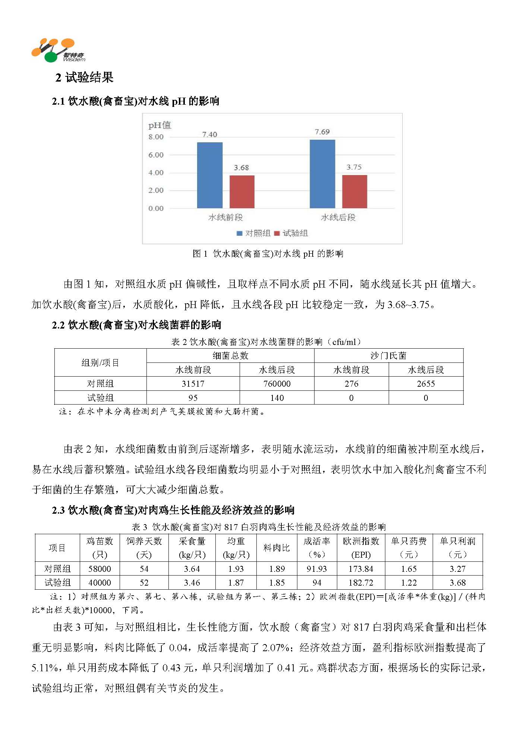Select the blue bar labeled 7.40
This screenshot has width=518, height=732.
coord(209,175)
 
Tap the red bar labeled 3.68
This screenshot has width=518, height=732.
coord(242,191)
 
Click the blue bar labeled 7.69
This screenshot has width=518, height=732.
coord(322,174)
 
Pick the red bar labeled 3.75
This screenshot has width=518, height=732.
coord(354,191)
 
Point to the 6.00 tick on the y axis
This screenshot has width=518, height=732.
coord(156,155)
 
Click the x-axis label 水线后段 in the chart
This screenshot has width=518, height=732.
coord(338,218)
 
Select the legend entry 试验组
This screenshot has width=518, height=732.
coord(291,234)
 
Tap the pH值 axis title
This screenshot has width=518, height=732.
coord(159,126)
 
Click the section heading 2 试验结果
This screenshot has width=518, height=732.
coord(84,77)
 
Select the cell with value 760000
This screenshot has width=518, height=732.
coord(277,384)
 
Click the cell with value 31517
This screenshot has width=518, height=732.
coord(193,384)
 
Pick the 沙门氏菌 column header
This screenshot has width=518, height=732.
coord(388,356)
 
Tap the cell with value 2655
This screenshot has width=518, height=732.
coord(426,384)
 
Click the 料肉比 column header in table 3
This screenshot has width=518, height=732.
coord(277,548)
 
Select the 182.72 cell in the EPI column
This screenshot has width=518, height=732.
coord(361,583)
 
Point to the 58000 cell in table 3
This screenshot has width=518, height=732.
coord(100,569)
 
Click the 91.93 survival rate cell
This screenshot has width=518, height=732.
coord(316,569)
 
